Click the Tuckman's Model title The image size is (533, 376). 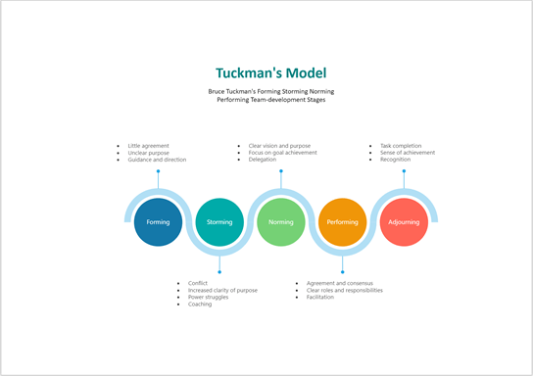click(x=271, y=73)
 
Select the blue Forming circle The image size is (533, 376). click(x=158, y=222)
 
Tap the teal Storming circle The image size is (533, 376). click(x=219, y=222)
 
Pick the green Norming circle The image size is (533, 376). click(x=281, y=222)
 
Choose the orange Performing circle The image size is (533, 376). click(x=343, y=222)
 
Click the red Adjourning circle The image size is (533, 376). click(x=404, y=222)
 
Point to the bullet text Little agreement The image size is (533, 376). click(x=149, y=146)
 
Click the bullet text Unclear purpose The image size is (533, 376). click(x=149, y=153)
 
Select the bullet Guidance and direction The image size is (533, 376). click(x=157, y=160)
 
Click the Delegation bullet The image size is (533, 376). click(x=263, y=160)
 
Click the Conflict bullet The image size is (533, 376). click(x=198, y=283)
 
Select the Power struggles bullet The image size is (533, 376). click(x=208, y=297)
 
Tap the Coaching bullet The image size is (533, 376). click(x=200, y=304)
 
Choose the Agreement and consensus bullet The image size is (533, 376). click(x=339, y=283)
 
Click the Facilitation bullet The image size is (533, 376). click(x=320, y=297)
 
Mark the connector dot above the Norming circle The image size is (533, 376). click(x=281, y=170)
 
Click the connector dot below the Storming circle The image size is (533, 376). click(x=219, y=271)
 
